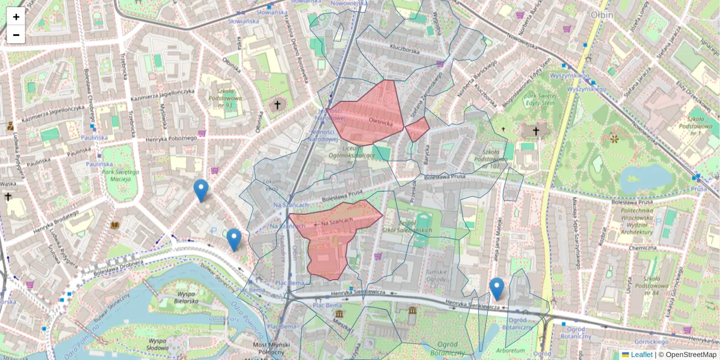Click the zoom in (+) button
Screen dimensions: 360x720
pos(16,17)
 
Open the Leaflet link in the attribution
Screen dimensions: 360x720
pos(641,355)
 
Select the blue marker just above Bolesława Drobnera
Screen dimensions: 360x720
pos(234,239)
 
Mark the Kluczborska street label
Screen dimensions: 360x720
pos(404,52)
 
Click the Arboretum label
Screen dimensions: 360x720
pos(511,350)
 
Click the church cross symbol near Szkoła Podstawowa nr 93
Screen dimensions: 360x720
pos(277,105)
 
